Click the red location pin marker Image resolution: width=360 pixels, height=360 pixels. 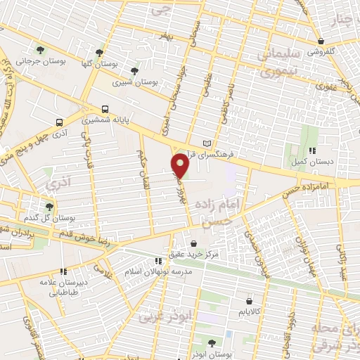click(x=181, y=165)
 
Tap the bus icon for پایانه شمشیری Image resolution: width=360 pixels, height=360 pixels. click(x=105, y=109)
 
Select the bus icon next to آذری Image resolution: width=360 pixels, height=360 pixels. click(x=60, y=120)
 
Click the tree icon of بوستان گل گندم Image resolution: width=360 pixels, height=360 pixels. click(x=49, y=206)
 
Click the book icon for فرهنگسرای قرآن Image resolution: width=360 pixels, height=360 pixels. click(x=206, y=143)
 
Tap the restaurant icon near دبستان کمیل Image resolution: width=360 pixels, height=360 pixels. click(x=313, y=150)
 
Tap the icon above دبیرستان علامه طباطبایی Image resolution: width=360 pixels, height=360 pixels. click(x=63, y=270)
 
